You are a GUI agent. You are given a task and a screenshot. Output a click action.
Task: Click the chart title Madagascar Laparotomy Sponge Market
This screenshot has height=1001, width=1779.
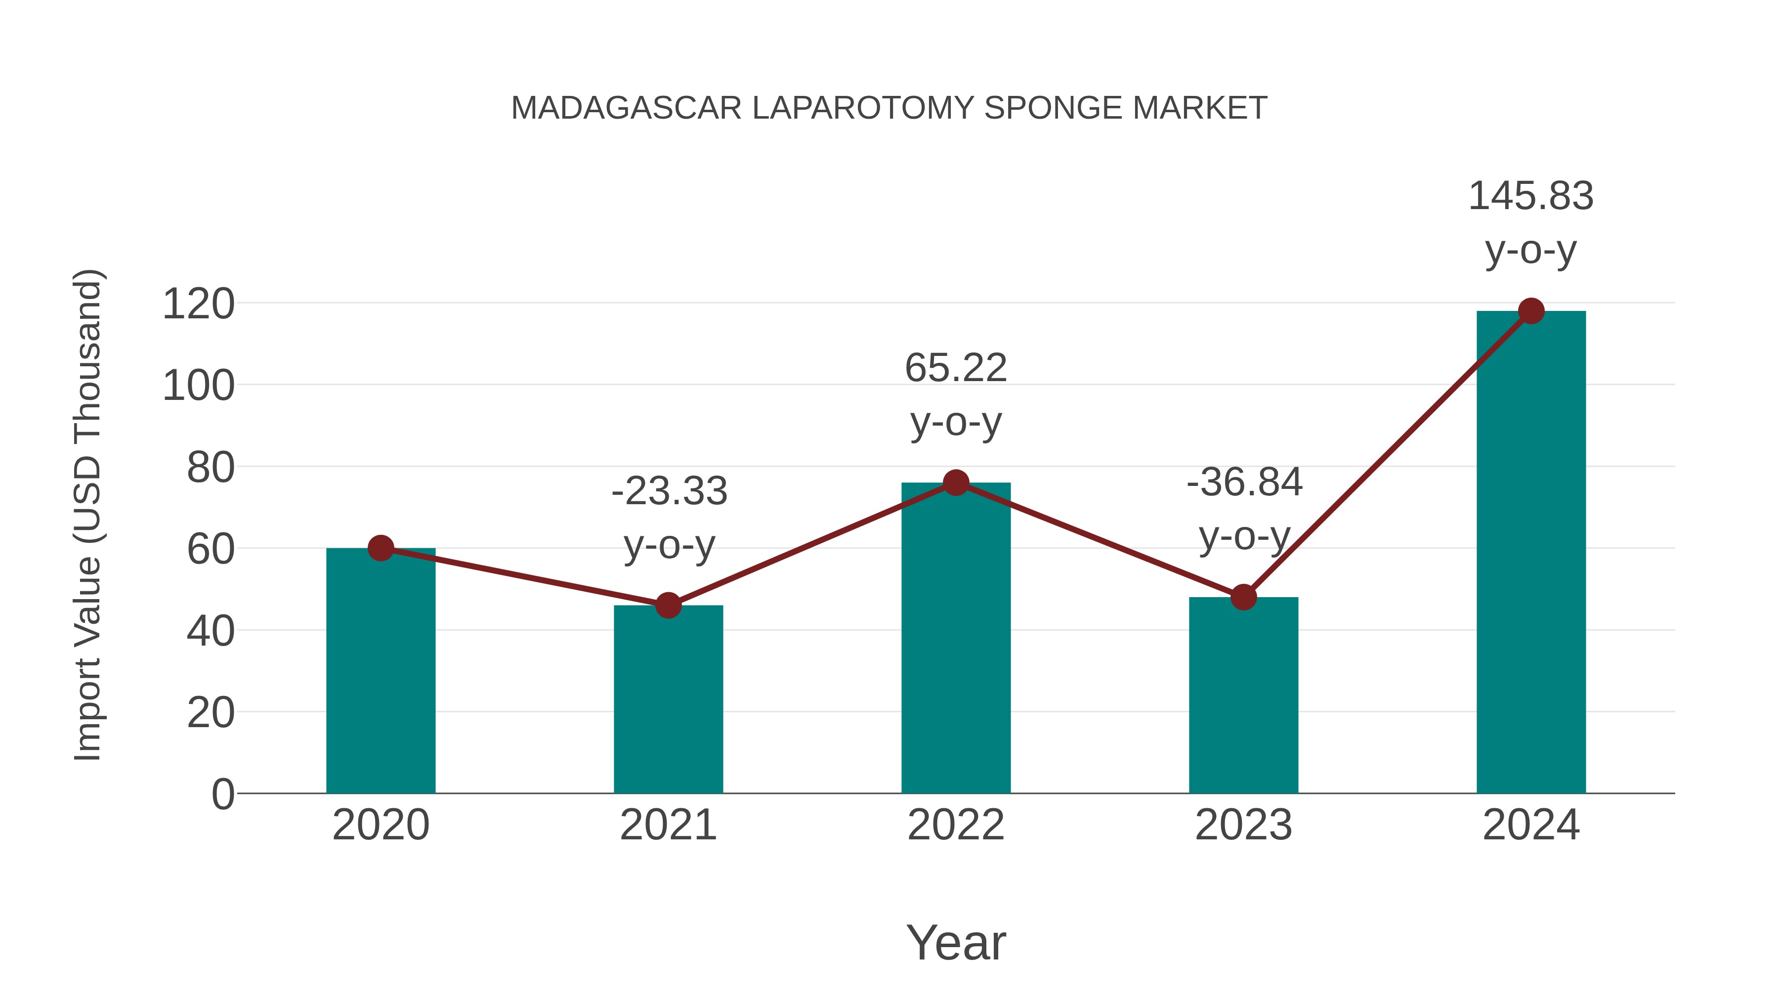(889, 108)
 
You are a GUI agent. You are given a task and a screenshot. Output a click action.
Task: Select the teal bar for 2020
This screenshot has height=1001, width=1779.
(381, 677)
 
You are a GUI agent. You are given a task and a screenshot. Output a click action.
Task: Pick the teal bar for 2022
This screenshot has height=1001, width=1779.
(956, 643)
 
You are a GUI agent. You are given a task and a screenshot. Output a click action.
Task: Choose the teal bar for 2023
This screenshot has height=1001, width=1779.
(1243, 697)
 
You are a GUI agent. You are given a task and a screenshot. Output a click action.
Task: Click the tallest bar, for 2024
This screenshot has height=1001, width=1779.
(1531, 553)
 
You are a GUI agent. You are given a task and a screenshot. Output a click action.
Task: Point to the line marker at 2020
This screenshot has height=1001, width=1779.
(381, 548)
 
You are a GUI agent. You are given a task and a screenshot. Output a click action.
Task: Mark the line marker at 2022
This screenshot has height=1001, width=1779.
(956, 482)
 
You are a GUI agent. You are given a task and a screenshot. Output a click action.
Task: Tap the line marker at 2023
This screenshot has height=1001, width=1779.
(1243, 597)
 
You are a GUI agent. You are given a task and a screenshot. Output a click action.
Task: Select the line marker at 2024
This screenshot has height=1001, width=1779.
(1531, 311)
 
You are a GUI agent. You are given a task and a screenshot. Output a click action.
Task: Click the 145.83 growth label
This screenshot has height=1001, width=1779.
(1531, 196)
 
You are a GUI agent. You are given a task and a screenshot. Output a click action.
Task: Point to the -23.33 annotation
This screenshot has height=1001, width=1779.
(669, 492)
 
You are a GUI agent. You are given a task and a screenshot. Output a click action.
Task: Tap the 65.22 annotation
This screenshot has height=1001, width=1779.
(956, 368)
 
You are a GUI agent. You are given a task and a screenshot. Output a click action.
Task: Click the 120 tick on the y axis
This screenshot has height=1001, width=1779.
(198, 304)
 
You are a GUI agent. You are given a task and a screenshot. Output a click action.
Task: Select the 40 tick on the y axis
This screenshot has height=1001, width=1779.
(210, 631)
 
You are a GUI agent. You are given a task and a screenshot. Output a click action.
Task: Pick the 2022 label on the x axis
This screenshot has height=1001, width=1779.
(956, 825)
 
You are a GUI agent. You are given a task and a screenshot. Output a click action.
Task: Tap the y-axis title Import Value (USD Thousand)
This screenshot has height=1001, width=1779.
(88, 515)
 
